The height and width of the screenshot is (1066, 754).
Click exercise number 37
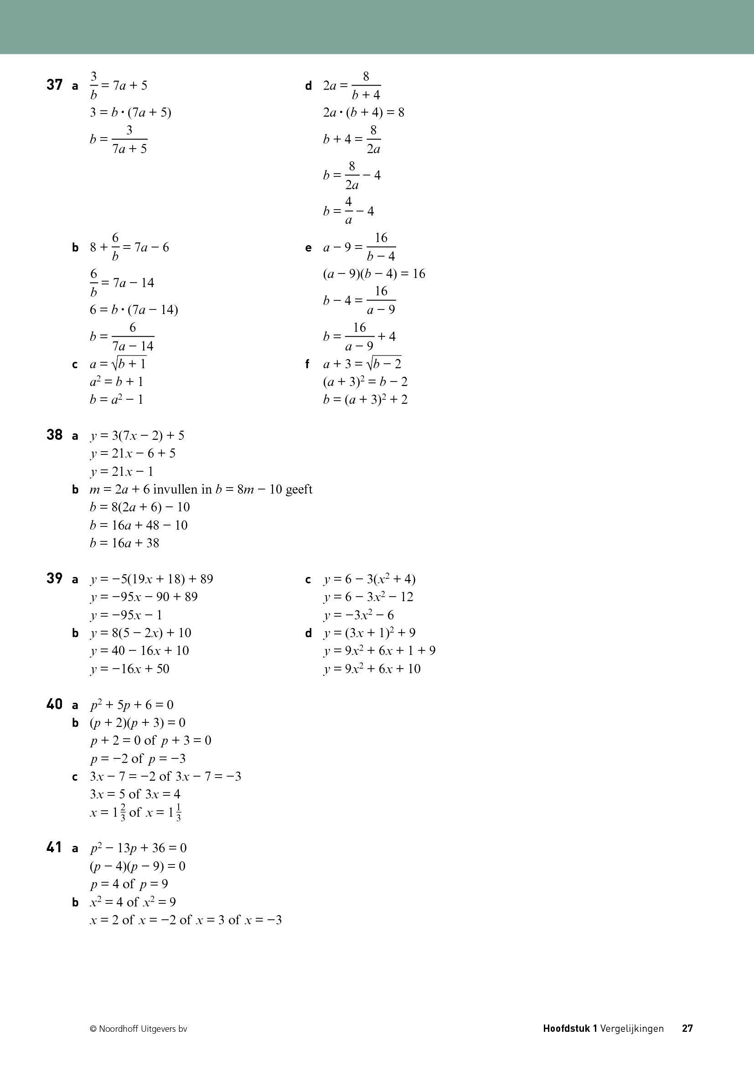coord(54,85)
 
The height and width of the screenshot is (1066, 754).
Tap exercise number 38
coord(54,435)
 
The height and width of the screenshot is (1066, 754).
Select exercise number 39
coord(54,578)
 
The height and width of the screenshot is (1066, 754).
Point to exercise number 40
coord(54,704)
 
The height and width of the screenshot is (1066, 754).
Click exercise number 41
coord(54,848)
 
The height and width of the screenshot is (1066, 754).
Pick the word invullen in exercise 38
coord(182,489)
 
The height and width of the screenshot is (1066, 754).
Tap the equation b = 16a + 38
coord(124,543)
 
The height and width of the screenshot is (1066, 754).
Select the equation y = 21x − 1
coord(122,472)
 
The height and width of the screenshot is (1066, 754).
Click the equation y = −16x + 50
coord(130,669)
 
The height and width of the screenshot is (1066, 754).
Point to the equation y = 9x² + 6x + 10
coord(372,669)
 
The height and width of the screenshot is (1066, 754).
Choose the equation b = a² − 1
coord(117,399)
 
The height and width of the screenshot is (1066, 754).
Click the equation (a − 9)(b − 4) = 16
coord(374,274)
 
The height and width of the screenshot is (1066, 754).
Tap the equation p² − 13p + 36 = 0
coord(139,848)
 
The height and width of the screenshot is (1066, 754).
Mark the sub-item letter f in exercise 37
coord(307,365)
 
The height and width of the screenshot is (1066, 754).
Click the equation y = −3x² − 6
coord(359,615)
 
